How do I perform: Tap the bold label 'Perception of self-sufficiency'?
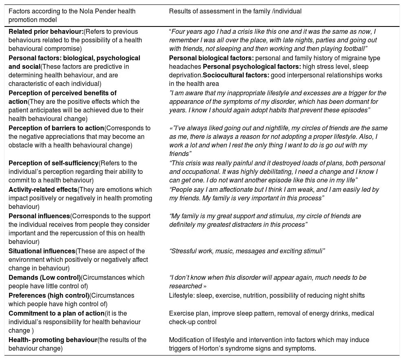point(53,163)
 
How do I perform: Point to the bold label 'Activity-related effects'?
point(43,190)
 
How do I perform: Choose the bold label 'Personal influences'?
point(39,216)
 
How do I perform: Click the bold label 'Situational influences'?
point(42,251)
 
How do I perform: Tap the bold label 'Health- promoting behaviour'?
point(53,340)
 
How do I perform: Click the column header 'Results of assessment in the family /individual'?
point(235,11)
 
